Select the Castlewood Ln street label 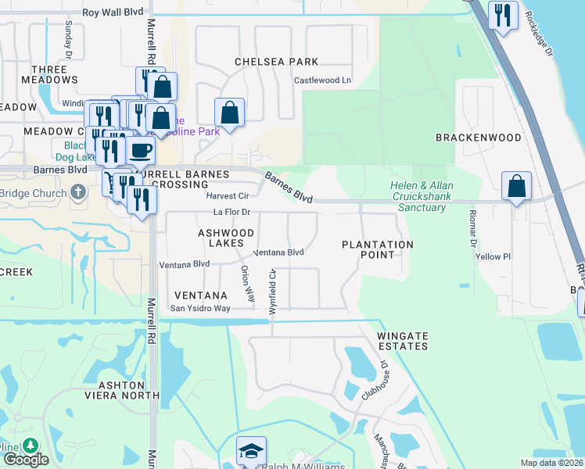tap(322, 81)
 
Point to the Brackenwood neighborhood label tap(479, 138)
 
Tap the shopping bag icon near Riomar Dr tap(516, 187)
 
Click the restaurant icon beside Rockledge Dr tap(503, 16)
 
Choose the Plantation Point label tap(378, 250)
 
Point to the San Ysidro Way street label tap(201, 309)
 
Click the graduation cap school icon tap(251, 451)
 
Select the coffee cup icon tap(140, 150)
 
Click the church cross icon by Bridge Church tap(77, 192)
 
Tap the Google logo tap(25, 460)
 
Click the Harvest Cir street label tap(227, 195)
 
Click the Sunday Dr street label tap(69, 34)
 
